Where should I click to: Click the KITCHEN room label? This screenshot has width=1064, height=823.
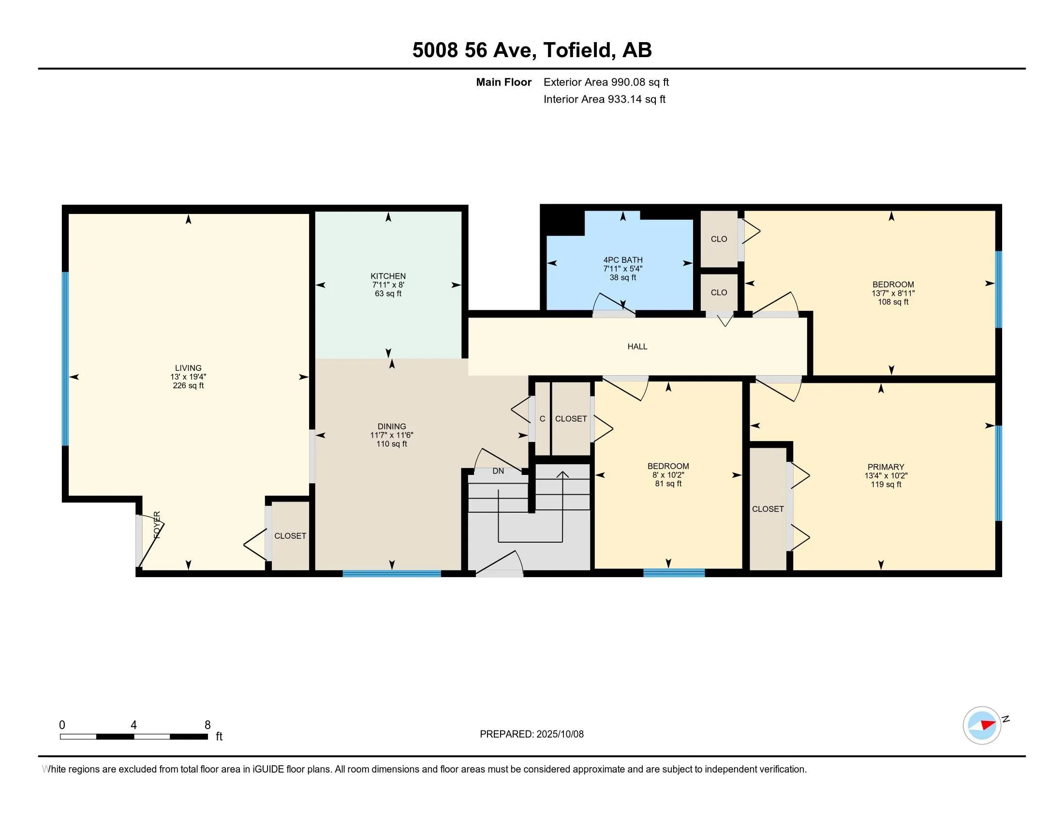(x=388, y=276)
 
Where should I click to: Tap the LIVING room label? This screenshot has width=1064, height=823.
(x=188, y=368)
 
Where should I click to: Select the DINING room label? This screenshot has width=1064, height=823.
(x=391, y=427)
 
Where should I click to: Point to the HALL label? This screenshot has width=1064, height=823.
(x=637, y=347)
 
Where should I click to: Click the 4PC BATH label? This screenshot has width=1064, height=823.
(x=622, y=260)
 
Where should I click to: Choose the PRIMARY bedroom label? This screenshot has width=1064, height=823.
(x=886, y=467)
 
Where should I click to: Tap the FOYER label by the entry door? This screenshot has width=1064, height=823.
(x=157, y=525)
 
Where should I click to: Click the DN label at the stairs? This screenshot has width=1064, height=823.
(x=498, y=471)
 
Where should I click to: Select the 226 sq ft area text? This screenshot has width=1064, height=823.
(x=188, y=386)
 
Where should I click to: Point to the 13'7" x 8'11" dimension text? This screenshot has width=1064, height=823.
(x=893, y=293)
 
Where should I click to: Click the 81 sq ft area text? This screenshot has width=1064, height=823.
(x=668, y=484)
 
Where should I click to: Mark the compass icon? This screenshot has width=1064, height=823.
(x=982, y=725)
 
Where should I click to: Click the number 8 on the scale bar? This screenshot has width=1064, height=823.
(x=207, y=725)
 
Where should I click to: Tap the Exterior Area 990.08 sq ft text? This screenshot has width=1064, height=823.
(x=606, y=82)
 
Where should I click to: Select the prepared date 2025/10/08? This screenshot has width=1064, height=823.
(x=560, y=734)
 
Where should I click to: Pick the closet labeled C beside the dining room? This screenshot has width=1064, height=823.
(x=542, y=419)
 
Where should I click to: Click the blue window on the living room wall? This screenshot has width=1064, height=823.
(x=65, y=358)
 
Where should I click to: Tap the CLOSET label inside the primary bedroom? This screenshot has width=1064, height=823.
(x=768, y=509)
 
